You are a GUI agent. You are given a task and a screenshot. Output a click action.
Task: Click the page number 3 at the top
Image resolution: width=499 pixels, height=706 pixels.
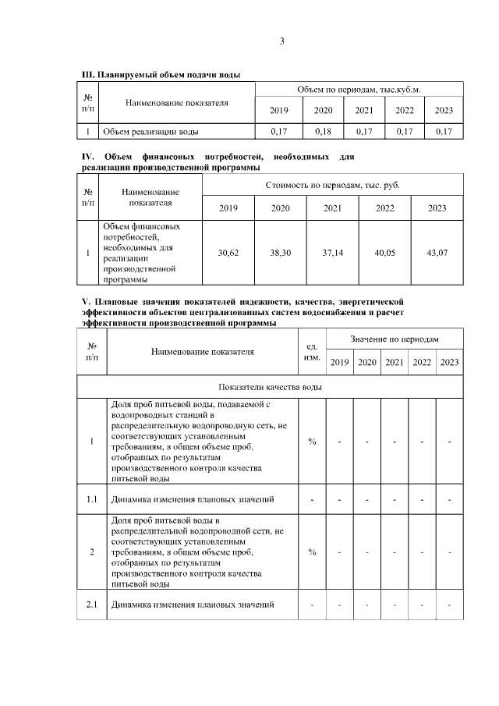tap(282, 42)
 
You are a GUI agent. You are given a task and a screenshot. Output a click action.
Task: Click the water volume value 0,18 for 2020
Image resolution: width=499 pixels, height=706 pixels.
tap(323, 132)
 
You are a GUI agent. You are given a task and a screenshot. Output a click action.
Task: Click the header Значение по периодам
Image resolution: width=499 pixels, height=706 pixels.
tap(395, 339)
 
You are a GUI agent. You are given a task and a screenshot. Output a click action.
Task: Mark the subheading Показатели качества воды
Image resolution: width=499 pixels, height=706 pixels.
tap(271, 387)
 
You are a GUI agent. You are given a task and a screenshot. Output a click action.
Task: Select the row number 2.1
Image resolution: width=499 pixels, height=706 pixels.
tap(92, 605)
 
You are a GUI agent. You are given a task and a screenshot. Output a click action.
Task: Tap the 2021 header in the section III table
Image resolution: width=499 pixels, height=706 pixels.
tap(364, 111)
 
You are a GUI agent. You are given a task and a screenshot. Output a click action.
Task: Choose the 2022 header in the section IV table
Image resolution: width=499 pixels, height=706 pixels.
tap(385, 208)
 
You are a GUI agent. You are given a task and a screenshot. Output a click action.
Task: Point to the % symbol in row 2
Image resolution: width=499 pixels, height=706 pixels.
tap(312, 552)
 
